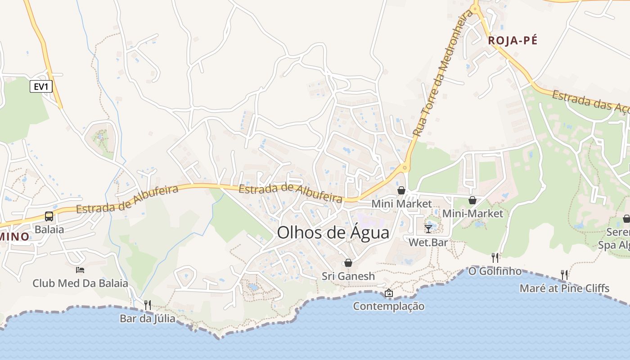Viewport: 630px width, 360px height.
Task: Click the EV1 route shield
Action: (41, 86)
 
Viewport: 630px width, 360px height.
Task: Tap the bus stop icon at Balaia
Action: (49, 216)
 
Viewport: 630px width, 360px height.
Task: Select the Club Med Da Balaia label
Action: (80, 283)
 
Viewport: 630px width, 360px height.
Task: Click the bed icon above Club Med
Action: (80, 270)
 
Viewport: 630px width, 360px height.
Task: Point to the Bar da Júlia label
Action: (147, 319)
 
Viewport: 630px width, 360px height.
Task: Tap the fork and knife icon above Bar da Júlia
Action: (148, 305)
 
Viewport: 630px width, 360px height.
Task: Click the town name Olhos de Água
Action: (333, 233)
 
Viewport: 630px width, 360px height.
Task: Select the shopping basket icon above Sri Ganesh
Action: (348, 263)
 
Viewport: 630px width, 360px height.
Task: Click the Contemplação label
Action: (388, 306)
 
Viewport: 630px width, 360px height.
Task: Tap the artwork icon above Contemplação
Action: (389, 293)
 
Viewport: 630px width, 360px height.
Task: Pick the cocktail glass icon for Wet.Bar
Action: (428, 229)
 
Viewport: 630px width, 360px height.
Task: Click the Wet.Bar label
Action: (428, 242)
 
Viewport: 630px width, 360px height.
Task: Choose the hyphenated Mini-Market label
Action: (472, 213)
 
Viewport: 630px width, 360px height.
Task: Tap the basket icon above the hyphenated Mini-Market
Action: (472, 200)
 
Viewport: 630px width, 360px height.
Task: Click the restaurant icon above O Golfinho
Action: (495, 257)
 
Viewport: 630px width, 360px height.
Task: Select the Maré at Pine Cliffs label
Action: (564, 288)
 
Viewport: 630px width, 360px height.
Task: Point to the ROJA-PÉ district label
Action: (513, 40)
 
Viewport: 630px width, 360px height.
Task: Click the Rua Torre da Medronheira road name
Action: (443, 74)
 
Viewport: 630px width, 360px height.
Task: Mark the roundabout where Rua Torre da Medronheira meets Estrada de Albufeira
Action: (405, 168)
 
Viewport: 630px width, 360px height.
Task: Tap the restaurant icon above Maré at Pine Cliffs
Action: (564, 274)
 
